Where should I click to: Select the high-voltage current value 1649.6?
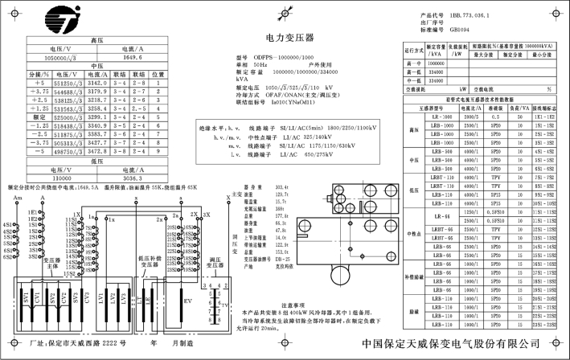[133, 58]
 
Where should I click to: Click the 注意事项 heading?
[293, 305]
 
